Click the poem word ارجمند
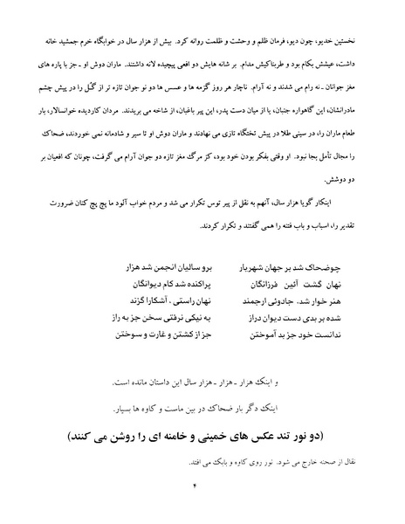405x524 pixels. [230, 295]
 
